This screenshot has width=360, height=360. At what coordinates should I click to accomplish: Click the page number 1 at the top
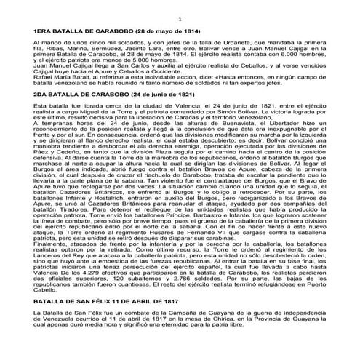(x=180, y=16)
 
